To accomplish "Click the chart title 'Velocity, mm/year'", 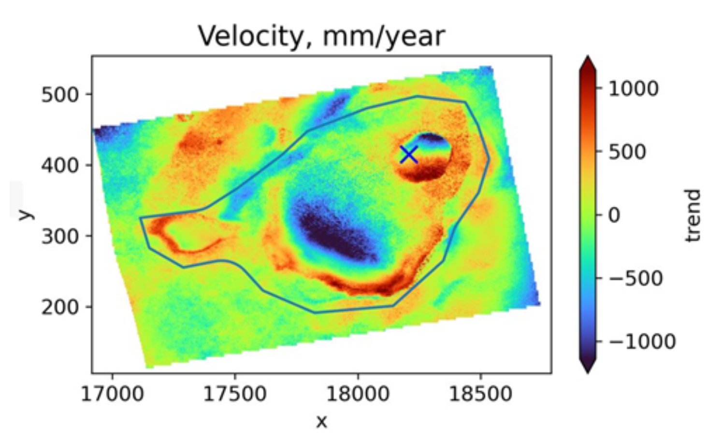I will tap(321, 36).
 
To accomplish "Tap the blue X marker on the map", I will tap(409, 155).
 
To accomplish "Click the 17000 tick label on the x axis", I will tap(112, 394).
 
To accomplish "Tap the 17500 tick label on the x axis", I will tap(235, 394).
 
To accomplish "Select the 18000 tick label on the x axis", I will tap(358, 394).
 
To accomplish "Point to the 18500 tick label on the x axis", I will tap(480, 394).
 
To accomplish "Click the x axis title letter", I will tap(321, 422).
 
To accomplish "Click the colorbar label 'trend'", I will tap(693, 215).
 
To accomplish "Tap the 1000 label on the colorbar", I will tap(633, 89).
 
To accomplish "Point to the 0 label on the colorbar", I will tap(614, 215).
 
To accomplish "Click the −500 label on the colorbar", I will tap(636, 279).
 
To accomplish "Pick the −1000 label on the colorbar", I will tap(642, 342).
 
